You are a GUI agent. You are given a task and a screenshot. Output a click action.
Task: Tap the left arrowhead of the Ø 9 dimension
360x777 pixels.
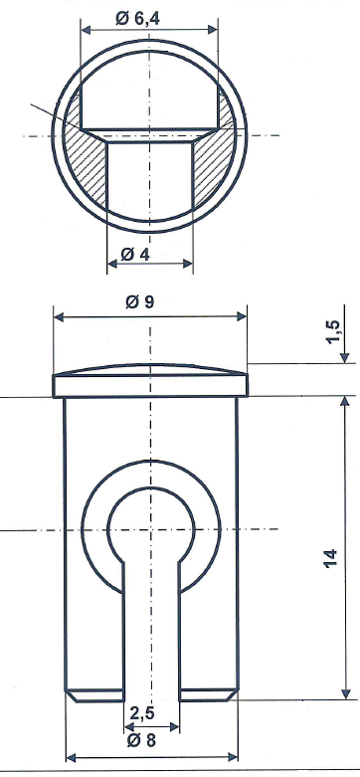(x=59, y=317)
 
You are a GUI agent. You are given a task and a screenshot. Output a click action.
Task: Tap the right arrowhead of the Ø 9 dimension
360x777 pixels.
(x=241, y=317)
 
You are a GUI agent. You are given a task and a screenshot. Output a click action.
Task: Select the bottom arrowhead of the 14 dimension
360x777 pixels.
(x=345, y=693)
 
